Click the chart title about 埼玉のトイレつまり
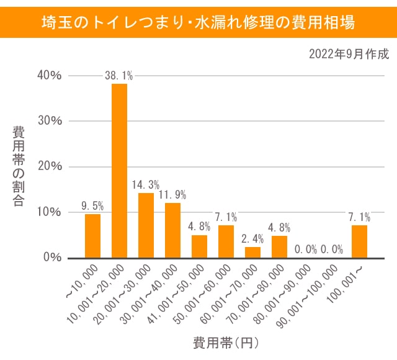pyautogui.click(x=198, y=24)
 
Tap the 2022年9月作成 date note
pyautogui.click(x=349, y=54)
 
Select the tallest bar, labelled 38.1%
pyautogui.click(x=119, y=171)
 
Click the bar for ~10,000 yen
pyautogui.click(x=92, y=236)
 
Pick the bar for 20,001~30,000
pyautogui.click(x=146, y=225)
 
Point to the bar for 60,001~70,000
pyautogui.click(x=252, y=252)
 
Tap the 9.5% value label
pyautogui.click(x=92, y=206)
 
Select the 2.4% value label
pyautogui.click(x=252, y=239)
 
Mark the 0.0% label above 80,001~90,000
pyautogui.click(x=306, y=250)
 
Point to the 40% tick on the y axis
pyautogui.click(x=49, y=75)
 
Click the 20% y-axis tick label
pyautogui.click(x=49, y=166)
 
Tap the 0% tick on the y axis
pyautogui.click(x=52, y=258)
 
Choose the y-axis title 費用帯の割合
pyautogui.click(x=19, y=166)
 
